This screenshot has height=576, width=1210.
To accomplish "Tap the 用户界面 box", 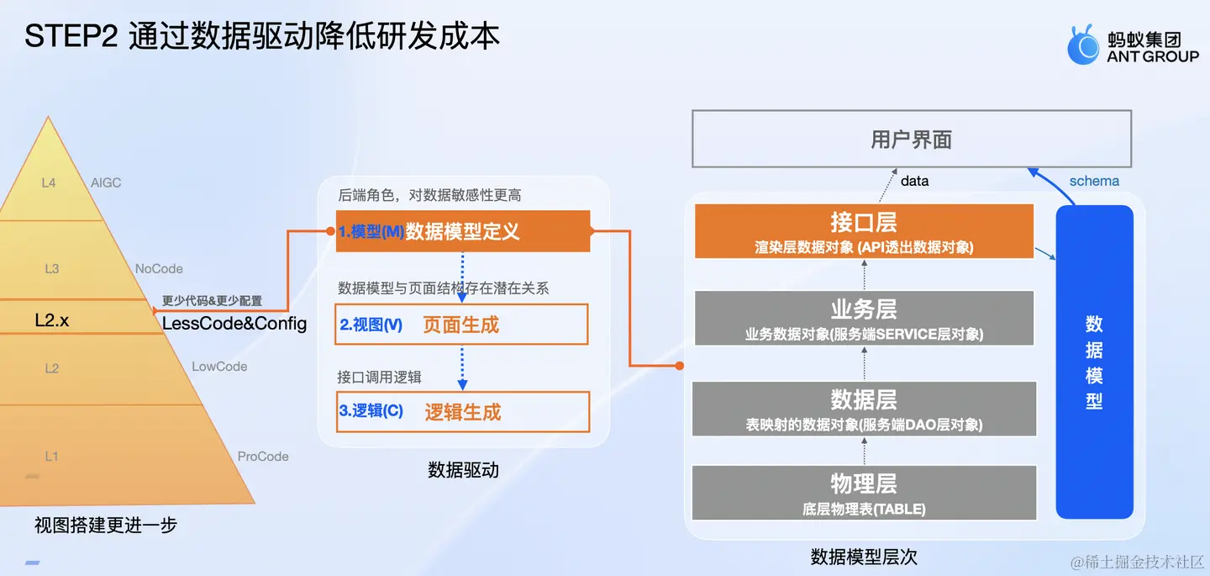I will click(911, 139).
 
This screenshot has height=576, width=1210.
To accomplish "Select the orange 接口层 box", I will click(864, 231).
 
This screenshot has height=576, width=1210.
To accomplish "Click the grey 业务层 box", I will click(864, 319).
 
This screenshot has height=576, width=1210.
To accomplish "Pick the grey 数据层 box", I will click(864, 409).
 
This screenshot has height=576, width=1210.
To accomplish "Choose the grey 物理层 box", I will click(864, 493).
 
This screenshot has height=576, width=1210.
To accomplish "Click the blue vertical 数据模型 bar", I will click(1094, 362).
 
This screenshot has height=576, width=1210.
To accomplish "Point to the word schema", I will click(1094, 181).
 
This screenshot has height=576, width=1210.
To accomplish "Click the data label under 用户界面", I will click(914, 181).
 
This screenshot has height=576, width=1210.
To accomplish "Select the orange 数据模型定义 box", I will click(463, 231).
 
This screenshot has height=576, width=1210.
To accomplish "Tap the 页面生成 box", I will click(461, 325).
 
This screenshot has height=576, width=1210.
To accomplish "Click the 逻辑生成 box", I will click(462, 412).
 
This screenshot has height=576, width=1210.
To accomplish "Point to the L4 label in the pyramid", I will click(49, 182).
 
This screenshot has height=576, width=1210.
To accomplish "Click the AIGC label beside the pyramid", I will click(106, 182).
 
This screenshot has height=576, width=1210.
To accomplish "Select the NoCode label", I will click(159, 269).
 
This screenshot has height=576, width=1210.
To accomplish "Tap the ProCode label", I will click(263, 457).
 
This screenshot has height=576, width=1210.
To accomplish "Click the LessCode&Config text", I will click(234, 324).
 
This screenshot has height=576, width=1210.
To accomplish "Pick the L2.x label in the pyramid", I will click(51, 320).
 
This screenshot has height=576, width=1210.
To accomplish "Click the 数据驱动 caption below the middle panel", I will click(463, 471).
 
